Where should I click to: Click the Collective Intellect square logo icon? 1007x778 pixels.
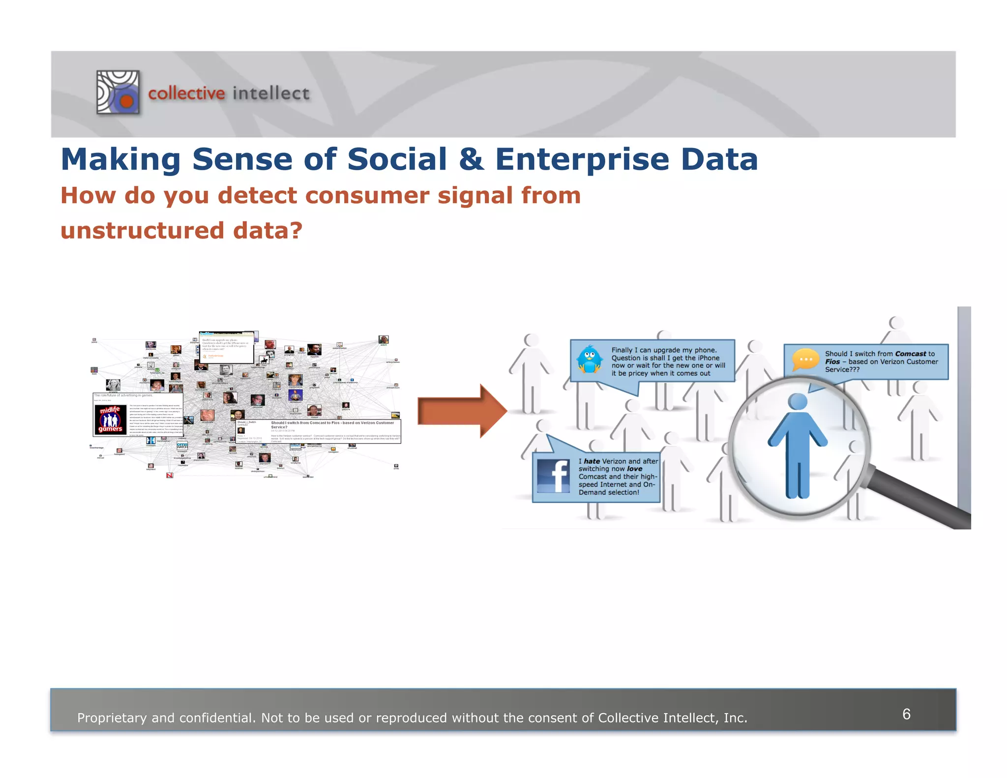point(118,92)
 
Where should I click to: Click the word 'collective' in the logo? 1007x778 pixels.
point(186,93)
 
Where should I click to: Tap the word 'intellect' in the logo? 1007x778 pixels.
point(271,93)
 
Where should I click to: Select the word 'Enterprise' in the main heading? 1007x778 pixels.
point(582,160)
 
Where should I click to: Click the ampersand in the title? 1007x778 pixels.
point(471,160)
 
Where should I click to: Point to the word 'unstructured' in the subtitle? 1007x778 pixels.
point(141,231)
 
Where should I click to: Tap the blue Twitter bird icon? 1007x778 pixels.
point(590,359)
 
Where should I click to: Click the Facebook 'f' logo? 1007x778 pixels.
point(554,476)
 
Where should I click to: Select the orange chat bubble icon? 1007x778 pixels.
point(805,360)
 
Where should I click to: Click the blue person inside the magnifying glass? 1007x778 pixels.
point(798,445)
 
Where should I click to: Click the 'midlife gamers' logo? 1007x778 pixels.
point(110,419)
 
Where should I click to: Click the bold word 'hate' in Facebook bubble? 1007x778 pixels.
point(592,461)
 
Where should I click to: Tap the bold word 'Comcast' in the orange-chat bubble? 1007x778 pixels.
point(910,354)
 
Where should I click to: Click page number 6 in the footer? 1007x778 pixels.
point(906,714)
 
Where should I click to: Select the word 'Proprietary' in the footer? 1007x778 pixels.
point(112,718)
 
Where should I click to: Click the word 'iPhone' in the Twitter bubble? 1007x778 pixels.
point(708,358)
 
